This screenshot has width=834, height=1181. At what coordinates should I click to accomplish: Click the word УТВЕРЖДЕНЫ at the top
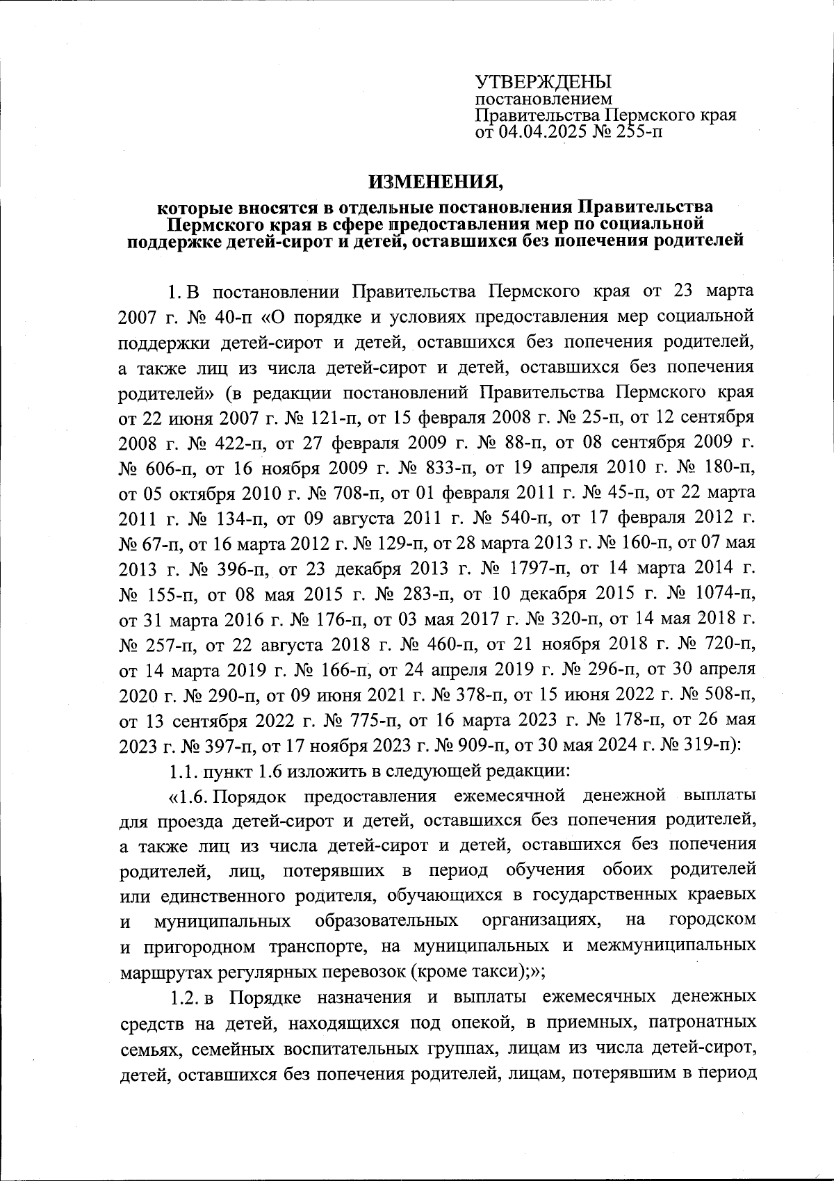tap(533, 82)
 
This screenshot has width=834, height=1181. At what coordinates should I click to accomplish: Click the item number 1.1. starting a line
tap(184, 771)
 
